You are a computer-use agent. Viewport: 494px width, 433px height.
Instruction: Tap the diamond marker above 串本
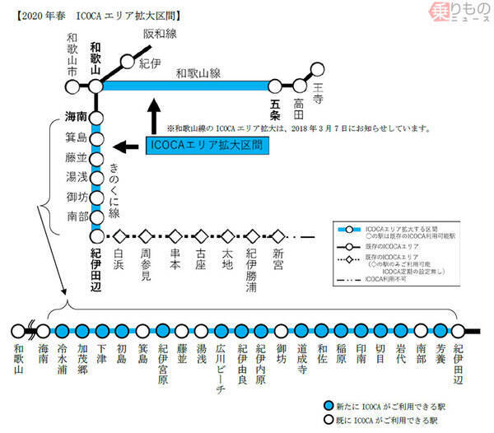pos(173,235)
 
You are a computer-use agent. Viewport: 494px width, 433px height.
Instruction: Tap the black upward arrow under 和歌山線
pos(154,115)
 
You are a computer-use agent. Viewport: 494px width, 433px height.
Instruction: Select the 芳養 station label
pos(440,355)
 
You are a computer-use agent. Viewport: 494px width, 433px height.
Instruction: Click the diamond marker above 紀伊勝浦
pos(253,235)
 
